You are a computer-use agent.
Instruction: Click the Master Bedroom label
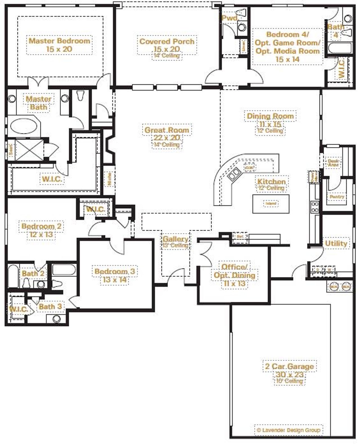tap(59, 41)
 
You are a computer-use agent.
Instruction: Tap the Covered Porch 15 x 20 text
tap(167, 45)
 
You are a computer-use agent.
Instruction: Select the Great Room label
tap(167, 130)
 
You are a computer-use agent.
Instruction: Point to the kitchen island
tap(271, 203)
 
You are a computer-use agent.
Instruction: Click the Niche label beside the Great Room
tap(109, 179)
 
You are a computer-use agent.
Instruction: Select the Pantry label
tap(337, 197)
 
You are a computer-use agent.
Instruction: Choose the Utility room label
tap(336, 244)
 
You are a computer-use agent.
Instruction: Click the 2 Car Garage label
tap(289, 366)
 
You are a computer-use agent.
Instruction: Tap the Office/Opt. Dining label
tap(234, 271)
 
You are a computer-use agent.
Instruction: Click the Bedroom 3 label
tap(115, 272)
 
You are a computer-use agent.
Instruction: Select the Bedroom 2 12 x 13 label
tap(41, 230)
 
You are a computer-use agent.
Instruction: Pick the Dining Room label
tap(270, 116)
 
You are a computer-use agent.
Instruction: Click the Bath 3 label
tap(50, 306)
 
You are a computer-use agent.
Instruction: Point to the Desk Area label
tap(333, 163)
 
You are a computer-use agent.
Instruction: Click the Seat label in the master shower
tap(10, 150)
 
